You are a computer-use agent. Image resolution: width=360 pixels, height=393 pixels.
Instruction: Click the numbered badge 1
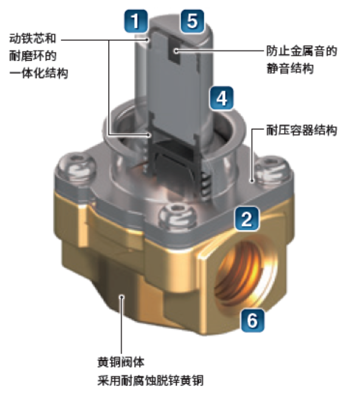[136, 21]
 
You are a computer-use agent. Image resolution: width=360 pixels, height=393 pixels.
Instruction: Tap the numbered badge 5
[192, 21]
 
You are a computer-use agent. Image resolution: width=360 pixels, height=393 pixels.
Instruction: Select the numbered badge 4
[222, 98]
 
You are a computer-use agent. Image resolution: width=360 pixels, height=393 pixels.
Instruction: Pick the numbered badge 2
[246, 218]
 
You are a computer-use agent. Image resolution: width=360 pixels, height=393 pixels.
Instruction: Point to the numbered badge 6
[252, 320]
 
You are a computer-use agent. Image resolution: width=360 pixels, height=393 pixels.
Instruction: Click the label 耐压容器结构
[302, 130]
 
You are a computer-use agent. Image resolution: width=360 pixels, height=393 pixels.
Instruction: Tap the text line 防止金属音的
[302, 51]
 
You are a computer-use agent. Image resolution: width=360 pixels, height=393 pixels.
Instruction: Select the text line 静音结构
[290, 69]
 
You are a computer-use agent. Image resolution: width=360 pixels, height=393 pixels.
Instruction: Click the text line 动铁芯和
[33, 38]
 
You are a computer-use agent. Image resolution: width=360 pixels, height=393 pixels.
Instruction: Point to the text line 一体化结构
[39, 73]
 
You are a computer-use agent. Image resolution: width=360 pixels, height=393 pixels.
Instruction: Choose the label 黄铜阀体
[121, 362]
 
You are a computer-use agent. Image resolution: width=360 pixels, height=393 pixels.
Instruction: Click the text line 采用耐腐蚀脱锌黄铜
[150, 380]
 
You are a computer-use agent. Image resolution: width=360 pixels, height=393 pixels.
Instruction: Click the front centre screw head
[177, 216]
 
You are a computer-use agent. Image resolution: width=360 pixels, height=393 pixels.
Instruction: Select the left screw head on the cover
[76, 167]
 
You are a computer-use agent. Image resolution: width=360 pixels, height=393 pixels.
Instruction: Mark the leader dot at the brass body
[121, 297]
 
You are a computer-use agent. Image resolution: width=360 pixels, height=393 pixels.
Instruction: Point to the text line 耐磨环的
[33, 56]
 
